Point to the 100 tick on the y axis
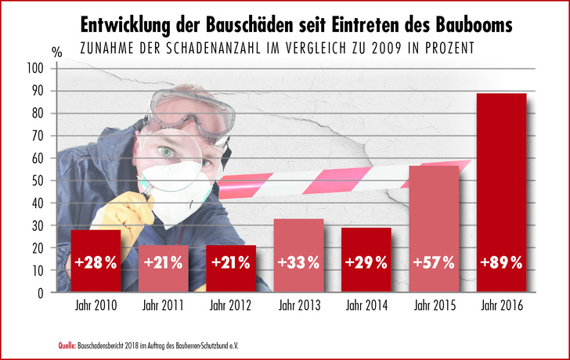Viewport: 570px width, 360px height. coord(36,69)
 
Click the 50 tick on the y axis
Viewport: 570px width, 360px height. coord(38,181)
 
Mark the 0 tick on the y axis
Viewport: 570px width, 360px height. coord(41,293)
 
